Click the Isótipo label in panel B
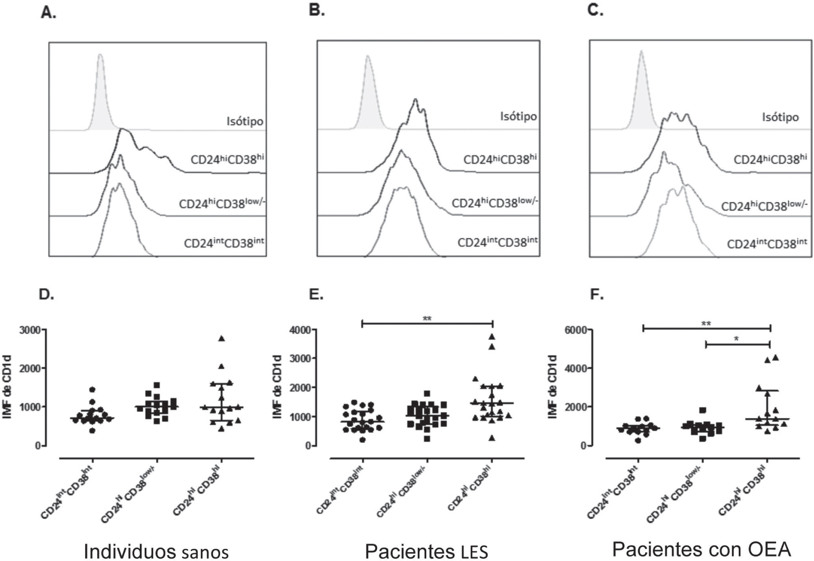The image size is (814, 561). (x=518, y=117)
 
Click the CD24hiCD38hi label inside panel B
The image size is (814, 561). (x=500, y=159)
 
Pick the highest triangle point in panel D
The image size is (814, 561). (x=222, y=339)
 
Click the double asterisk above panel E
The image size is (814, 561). (x=427, y=318)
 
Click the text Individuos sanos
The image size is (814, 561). (x=156, y=551)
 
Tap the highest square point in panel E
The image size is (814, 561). (x=427, y=393)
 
